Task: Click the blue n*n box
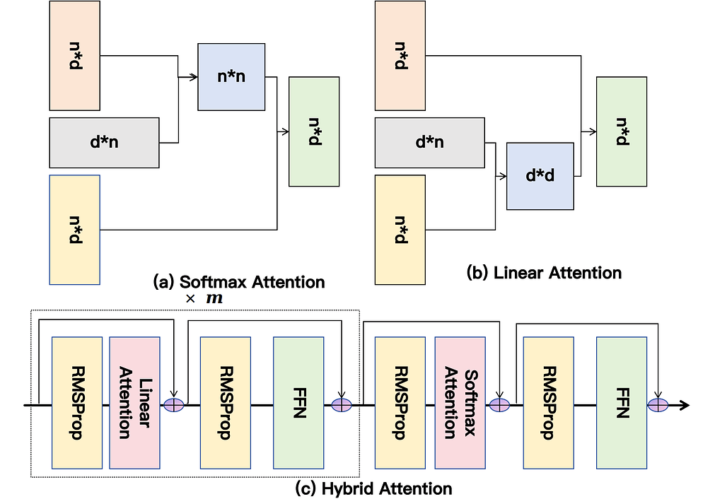coord(231,76)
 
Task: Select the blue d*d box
coord(540,176)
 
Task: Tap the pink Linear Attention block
coord(135,402)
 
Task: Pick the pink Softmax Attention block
coord(460,402)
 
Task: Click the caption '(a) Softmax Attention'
coord(239,281)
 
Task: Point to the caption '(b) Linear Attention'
coord(545,272)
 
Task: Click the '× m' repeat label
coord(204,299)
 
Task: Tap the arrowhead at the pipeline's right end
coord(684,405)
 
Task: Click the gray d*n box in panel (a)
coord(104,143)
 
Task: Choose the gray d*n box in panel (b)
coord(429,143)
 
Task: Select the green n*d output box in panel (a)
coord(314,131)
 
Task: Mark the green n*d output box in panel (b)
coord(621,131)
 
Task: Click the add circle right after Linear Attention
coord(173,405)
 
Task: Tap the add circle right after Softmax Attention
coord(499,405)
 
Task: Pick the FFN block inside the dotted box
coord(298,402)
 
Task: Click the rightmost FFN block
coord(622,402)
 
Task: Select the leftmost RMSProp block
coord(77,402)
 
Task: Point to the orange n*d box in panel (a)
coord(74,56)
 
